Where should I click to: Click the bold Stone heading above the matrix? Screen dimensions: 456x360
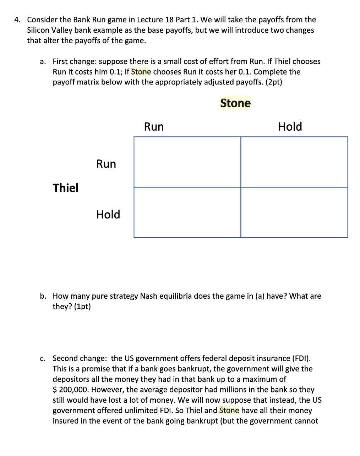coord(235,103)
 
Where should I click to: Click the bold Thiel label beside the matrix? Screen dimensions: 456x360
coord(66,188)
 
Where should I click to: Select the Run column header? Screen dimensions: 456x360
coord(154,127)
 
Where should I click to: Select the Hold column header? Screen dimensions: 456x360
coord(290,127)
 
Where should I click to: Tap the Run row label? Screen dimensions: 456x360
coord(106,164)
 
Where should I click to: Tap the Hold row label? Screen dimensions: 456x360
coord(108,215)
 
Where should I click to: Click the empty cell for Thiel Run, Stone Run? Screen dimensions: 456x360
coord(187,162)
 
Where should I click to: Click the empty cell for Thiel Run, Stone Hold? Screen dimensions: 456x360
coord(294,162)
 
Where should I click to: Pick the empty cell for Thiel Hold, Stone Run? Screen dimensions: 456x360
coord(187,212)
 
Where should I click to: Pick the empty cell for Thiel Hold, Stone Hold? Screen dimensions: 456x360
coord(294,212)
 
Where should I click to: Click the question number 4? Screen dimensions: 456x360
coord(17,20)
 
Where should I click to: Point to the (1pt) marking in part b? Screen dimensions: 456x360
coord(82,306)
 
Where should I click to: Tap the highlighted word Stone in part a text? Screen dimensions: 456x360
coord(141,72)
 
